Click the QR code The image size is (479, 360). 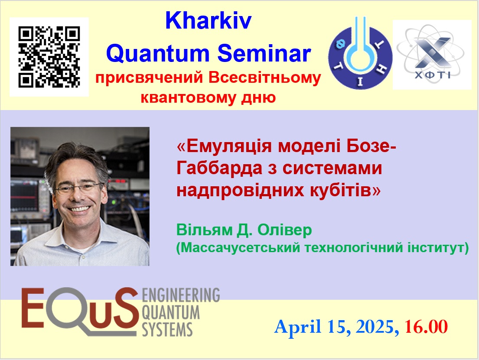pyautogui.click(x=49, y=57)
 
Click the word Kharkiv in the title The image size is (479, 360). pyautogui.click(x=209, y=21)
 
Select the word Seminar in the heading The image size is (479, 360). pyautogui.click(x=264, y=53)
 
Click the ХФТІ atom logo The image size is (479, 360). pyautogui.click(x=432, y=55)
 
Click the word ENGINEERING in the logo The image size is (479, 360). pyautogui.click(x=181, y=295)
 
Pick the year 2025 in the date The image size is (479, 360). pyautogui.click(x=374, y=327)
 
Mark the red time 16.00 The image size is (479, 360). pyautogui.click(x=426, y=327)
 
